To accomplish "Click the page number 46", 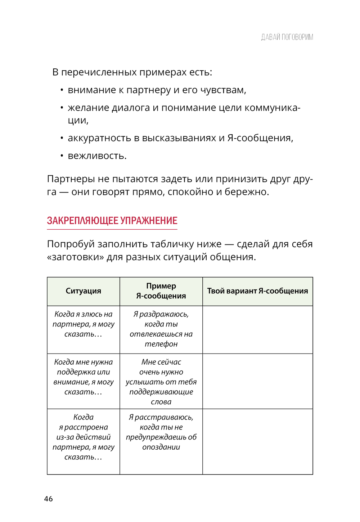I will (48, 499).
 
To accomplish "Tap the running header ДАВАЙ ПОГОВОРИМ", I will (287, 37).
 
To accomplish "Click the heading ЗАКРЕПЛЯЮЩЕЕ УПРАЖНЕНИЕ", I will (112, 221).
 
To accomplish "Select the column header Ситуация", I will (83, 291).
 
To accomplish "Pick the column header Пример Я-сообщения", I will (161, 291).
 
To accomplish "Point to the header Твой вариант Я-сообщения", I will (257, 291).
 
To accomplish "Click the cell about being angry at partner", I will (83, 324).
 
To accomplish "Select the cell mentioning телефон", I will (161, 329).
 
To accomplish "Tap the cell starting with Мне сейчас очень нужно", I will (161, 382).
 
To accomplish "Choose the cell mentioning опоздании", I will (161, 432).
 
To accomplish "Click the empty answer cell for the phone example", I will (257, 329).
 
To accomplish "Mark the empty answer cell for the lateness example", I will (257, 441).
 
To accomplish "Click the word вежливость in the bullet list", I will (97, 156).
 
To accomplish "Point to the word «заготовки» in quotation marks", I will (75, 257).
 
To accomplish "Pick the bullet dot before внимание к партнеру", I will (62, 90).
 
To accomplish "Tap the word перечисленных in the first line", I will (99, 72).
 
